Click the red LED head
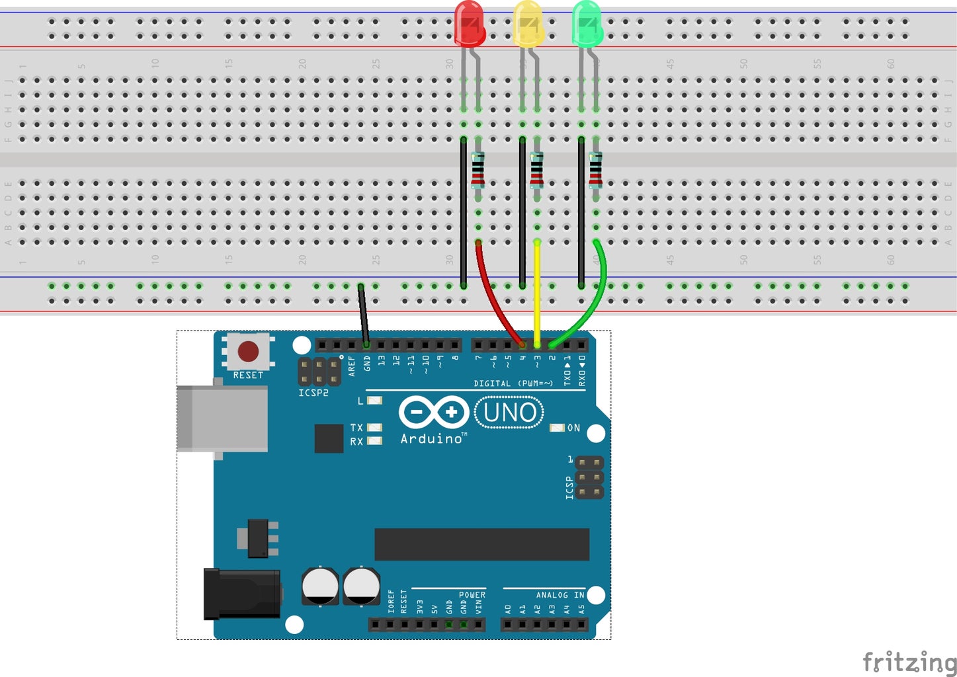[470, 24]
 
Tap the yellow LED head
[528, 24]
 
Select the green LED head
[587, 24]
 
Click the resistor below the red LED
[478, 170]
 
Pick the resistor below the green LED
[595, 170]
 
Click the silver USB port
[222, 418]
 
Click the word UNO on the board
[509, 413]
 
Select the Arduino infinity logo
[433, 413]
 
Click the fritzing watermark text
[909, 661]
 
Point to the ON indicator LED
[557, 428]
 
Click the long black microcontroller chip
[481, 544]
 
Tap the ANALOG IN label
[560, 595]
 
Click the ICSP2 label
[313, 393]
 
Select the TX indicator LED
[374, 428]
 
